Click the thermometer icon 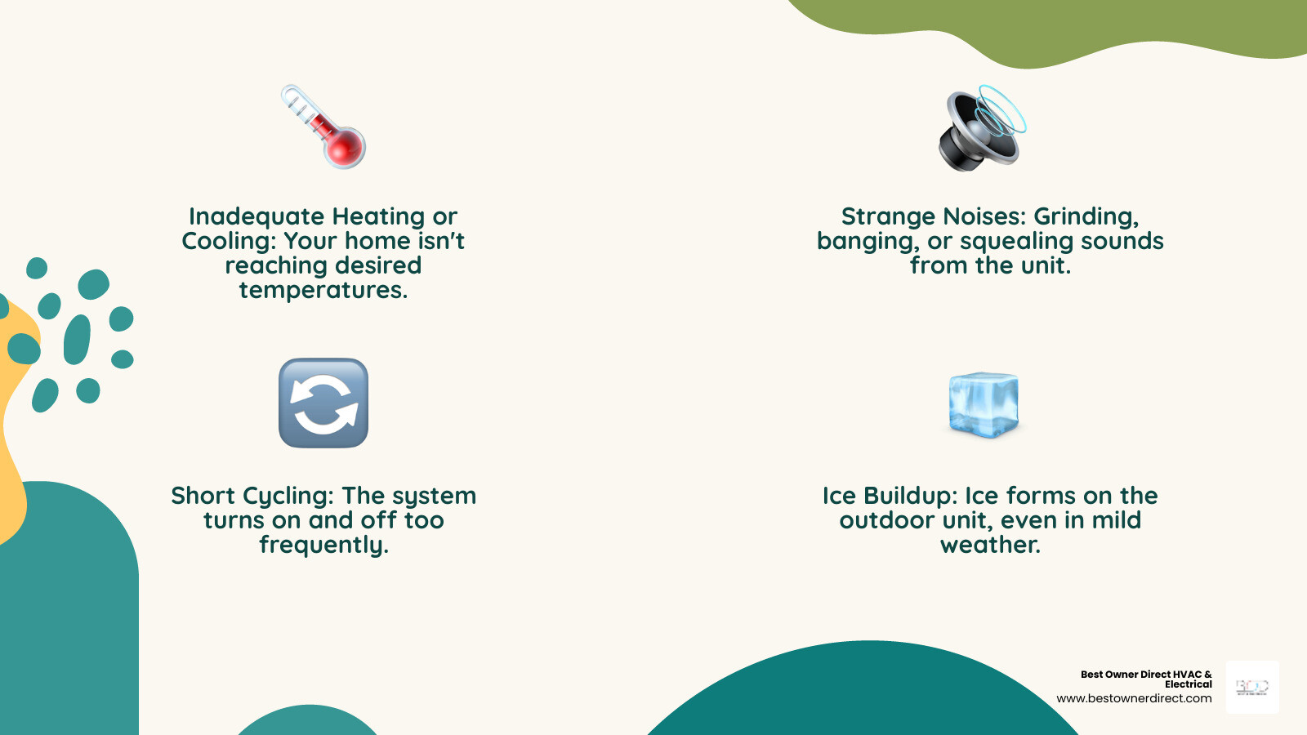(323, 127)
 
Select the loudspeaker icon (981, 129)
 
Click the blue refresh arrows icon (323, 403)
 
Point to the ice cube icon (984, 404)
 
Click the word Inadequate (256, 216)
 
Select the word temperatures (323, 290)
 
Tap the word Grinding (1086, 216)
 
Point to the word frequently (323, 545)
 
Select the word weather (990, 545)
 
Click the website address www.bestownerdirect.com (1134, 698)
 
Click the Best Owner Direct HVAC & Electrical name (1146, 679)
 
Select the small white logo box (1252, 688)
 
